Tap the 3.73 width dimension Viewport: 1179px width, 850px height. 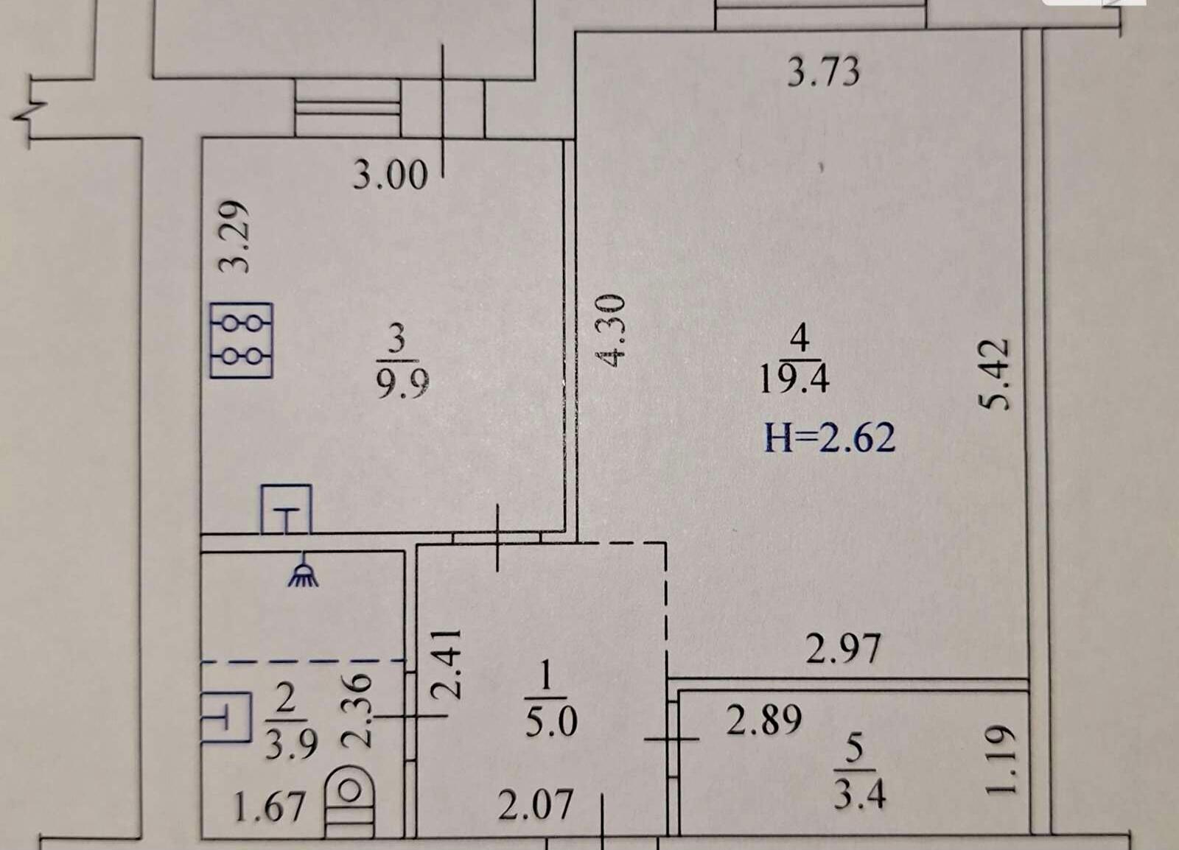tap(824, 72)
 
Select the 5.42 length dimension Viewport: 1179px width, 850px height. tap(995, 374)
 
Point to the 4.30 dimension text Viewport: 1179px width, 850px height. tap(611, 331)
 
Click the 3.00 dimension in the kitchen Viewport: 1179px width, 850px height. tap(390, 175)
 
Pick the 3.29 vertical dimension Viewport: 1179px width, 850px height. tap(233, 236)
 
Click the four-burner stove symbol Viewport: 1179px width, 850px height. tap(242, 340)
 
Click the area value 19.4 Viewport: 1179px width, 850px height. tap(795, 379)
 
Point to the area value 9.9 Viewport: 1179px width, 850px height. tap(402, 383)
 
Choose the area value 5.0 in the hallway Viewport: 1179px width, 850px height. tap(551, 722)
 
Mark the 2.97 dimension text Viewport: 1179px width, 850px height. tap(843, 649)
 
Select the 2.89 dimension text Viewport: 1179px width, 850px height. tap(764, 720)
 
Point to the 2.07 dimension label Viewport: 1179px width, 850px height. tap(535, 805)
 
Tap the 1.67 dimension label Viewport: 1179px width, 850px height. tap(269, 807)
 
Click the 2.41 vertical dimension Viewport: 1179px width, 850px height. tap(445, 664)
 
